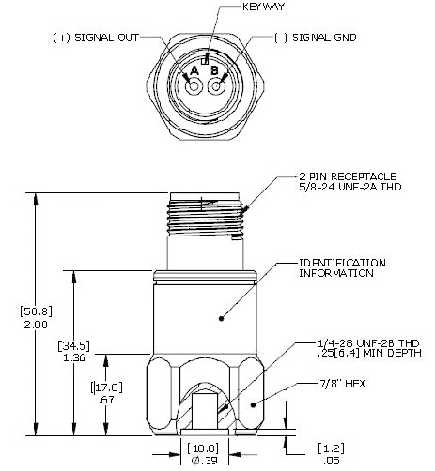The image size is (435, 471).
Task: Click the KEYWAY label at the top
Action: tap(236, 7)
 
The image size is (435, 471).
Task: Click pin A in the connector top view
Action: tap(194, 86)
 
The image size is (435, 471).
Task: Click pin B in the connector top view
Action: tap(217, 86)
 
